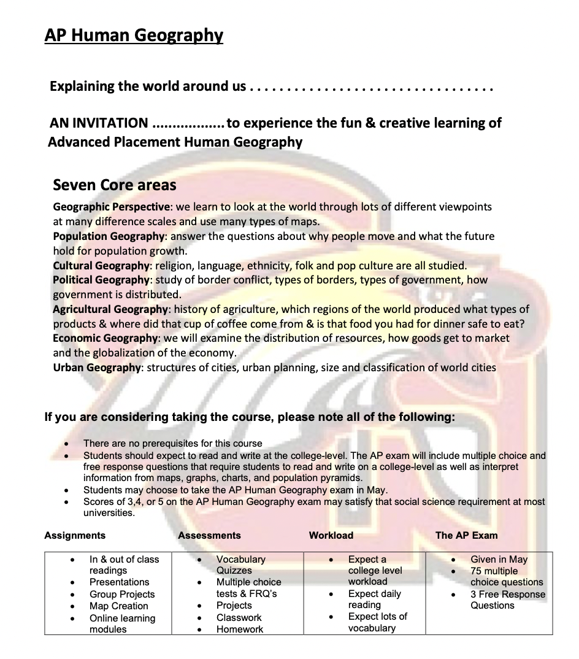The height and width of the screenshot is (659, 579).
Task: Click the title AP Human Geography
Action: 134,35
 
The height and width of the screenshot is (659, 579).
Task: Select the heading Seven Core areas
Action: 115,184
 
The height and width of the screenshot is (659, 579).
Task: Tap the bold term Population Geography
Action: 109,236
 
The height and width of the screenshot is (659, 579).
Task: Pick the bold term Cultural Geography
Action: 101,266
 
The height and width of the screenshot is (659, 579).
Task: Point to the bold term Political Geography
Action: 101,280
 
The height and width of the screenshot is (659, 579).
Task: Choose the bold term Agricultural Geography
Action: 110,309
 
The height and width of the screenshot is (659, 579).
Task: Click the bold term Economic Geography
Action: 105,338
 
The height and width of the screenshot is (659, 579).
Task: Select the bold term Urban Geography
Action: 97,368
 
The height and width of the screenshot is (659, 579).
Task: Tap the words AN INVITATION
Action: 99,123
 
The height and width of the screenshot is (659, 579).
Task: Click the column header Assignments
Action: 75,535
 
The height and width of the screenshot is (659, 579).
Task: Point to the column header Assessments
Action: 209,535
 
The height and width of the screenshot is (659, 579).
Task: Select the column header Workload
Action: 331,535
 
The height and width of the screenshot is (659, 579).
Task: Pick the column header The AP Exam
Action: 466,535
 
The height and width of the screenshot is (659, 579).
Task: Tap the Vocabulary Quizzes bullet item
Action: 240,565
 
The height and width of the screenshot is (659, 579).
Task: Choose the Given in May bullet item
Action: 499,559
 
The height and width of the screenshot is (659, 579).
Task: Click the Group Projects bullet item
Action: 122,594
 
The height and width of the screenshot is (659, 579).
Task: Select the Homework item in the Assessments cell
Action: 240,629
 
